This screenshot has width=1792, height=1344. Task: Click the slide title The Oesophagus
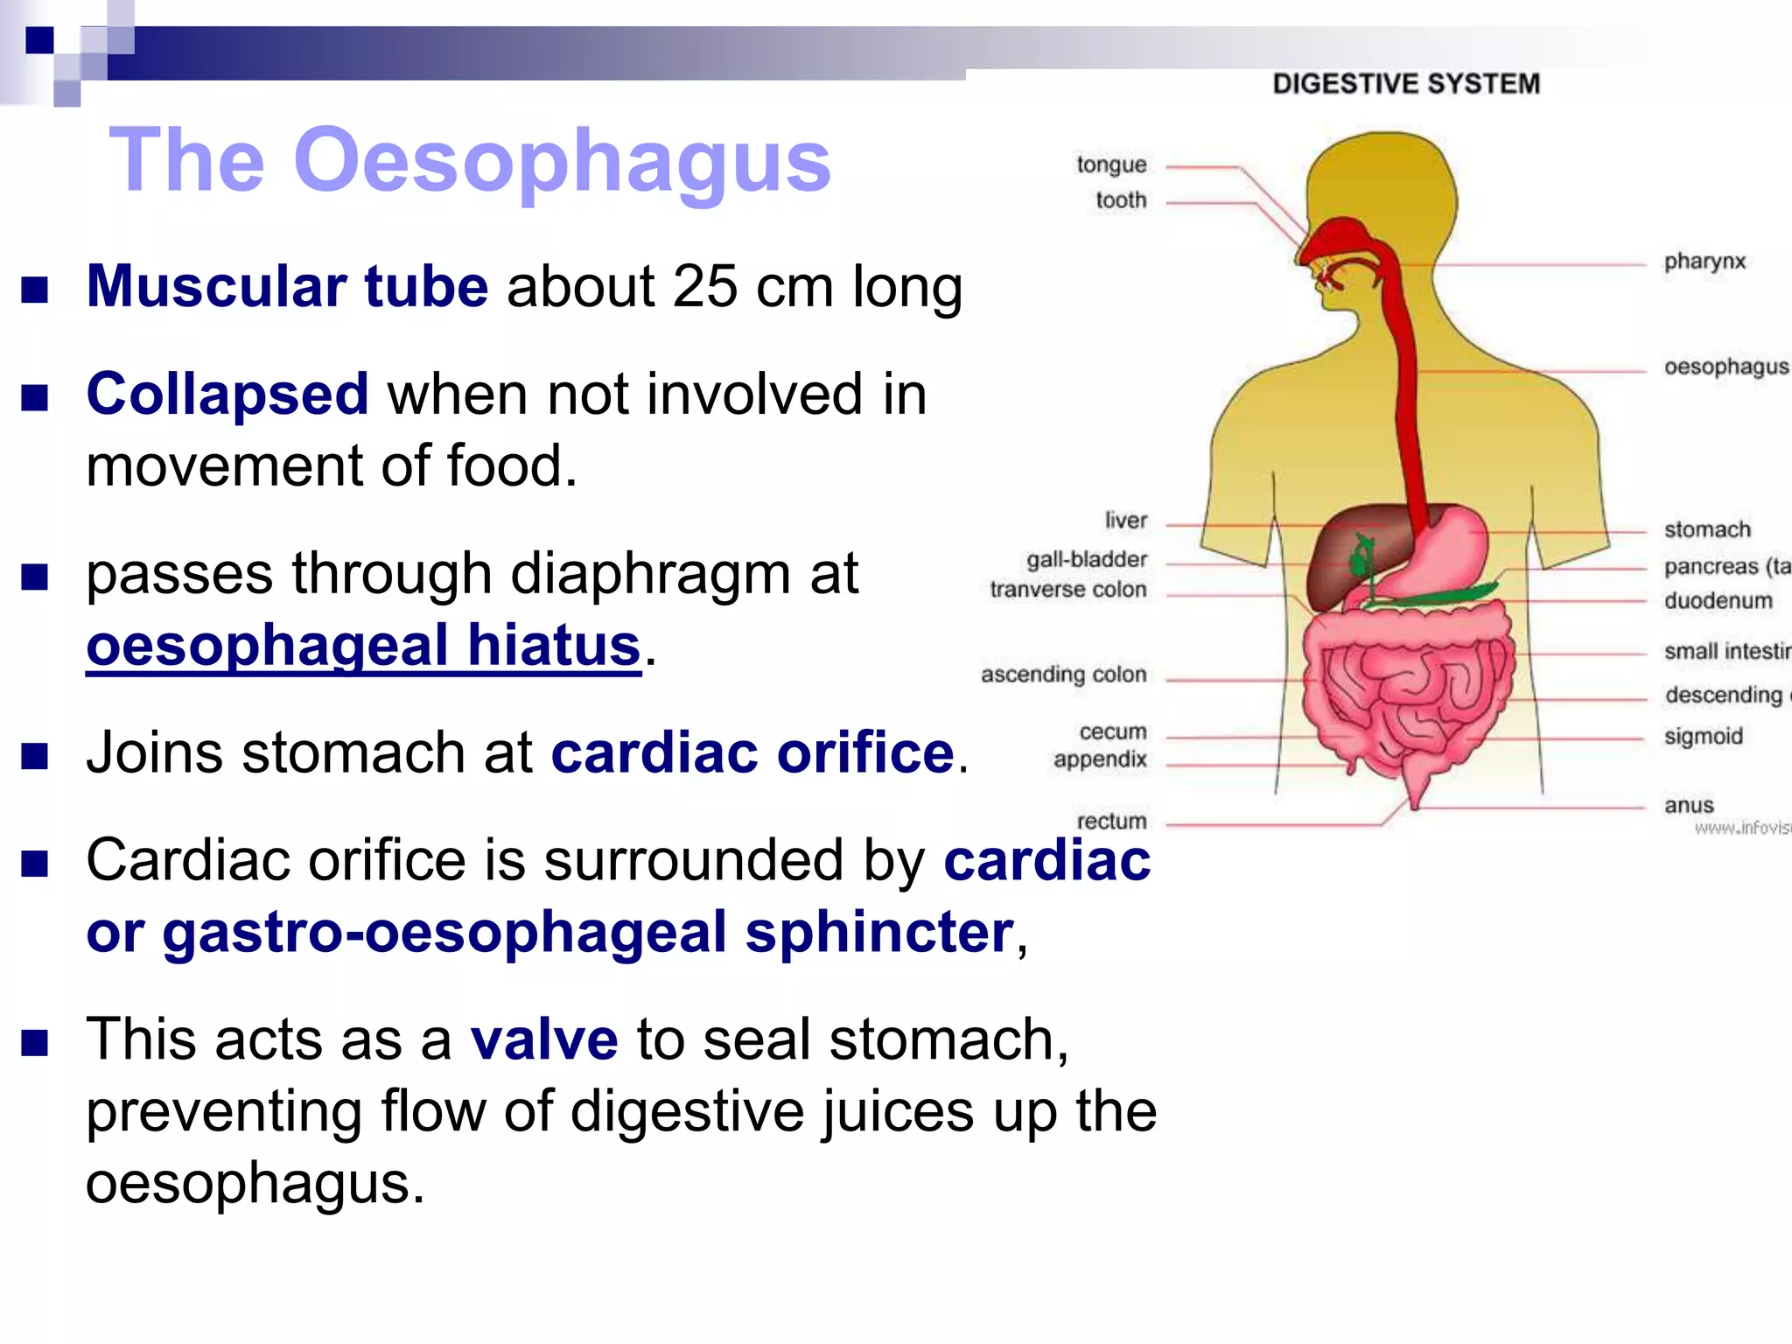[x=469, y=160]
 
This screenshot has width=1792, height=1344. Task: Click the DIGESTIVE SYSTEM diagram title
[x=1405, y=84]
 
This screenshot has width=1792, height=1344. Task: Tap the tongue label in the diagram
[x=1111, y=164]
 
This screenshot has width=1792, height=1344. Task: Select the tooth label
[x=1121, y=200]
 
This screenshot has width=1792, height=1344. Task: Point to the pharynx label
[x=1704, y=262]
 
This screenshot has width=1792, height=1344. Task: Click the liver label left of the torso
[x=1125, y=521]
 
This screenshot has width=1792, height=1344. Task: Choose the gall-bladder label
[x=1086, y=559]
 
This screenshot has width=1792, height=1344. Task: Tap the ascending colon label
[x=1063, y=675]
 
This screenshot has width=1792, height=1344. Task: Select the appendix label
[x=1100, y=759]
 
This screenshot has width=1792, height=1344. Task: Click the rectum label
[x=1111, y=822]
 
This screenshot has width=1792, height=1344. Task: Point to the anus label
[x=1689, y=806]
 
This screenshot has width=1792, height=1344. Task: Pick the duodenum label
[x=1718, y=601]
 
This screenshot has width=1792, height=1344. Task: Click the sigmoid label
[x=1703, y=737]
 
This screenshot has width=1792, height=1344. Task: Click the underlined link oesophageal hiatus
[x=363, y=646]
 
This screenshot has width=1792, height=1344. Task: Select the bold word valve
[x=544, y=1039]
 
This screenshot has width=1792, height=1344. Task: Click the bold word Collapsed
[x=227, y=394]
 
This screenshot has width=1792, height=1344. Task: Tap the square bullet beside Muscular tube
[x=35, y=290]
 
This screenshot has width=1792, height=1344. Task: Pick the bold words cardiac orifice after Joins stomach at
[x=752, y=752]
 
